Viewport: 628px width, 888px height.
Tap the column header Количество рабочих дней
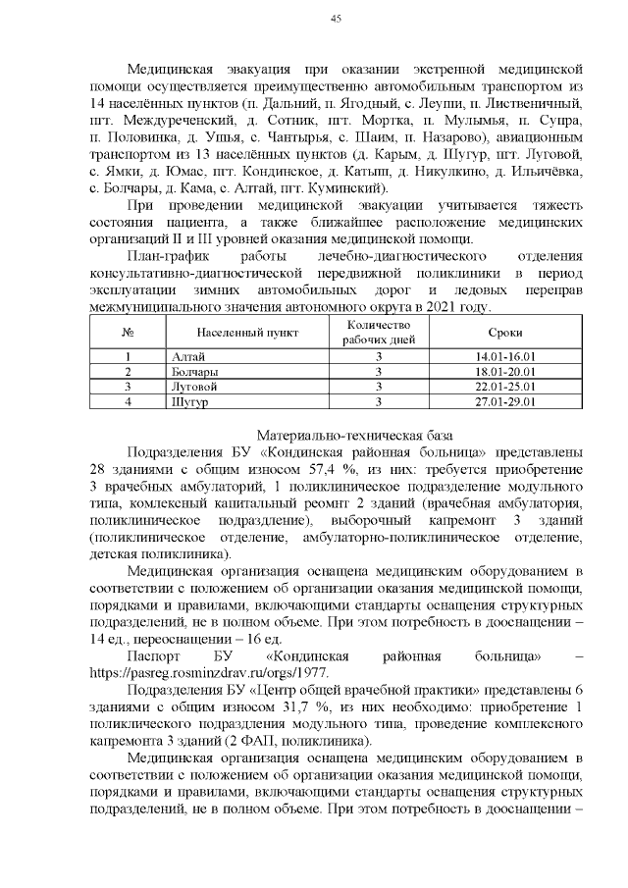pos(378,333)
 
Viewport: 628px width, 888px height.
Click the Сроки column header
pos(510,333)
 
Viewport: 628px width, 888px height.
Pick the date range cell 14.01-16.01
pos(510,356)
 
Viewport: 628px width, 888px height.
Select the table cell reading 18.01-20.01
pos(510,372)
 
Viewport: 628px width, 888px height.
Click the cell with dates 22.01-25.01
pos(510,387)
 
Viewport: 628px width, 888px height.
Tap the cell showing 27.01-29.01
pos(510,401)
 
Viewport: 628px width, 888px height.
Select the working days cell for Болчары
pos(378,372)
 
